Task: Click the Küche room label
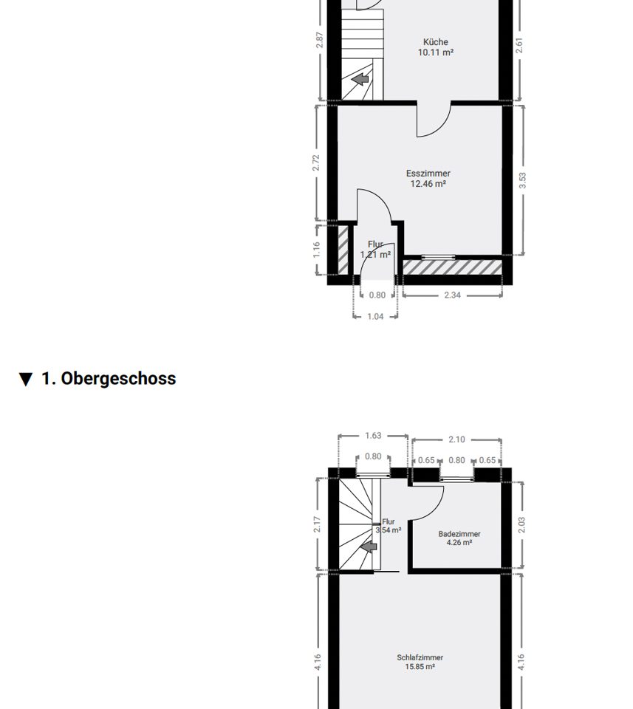tap(436, 47)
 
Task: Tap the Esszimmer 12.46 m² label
tap(428, 179)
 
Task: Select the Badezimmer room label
tap(459, 538)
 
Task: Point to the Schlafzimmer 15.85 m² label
tap(420, 662)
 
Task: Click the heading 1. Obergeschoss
tap(109, 378)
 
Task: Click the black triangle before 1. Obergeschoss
tap(27, 380)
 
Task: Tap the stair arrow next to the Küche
tap(360, 80)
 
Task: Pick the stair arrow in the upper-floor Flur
tap(369, 547)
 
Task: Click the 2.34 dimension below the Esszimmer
tap(452, 295)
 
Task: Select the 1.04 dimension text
tap(375, 317)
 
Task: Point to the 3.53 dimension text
tap(523, 180)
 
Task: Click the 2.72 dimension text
tap(316, 162)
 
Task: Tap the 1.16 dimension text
tap(316, 250)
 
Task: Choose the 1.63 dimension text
tap(373, 436)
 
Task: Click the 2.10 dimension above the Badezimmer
tap(456, 439)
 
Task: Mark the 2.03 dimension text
tap(521, 525)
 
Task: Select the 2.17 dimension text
tap(317, 524)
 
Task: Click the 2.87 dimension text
tap(320, 40)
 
